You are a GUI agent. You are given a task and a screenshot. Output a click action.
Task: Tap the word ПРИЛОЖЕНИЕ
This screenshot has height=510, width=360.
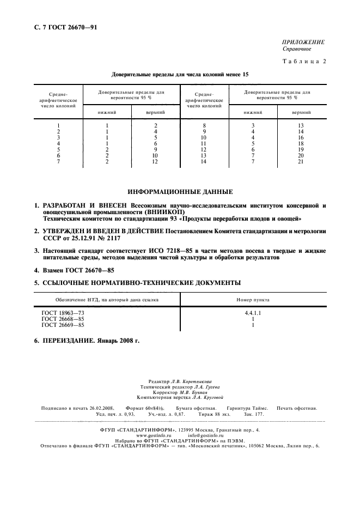[303, 42]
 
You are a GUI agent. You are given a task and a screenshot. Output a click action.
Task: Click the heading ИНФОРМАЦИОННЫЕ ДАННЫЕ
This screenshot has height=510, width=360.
[180, 192]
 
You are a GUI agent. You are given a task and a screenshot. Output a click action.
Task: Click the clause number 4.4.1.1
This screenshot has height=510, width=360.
[253, 313]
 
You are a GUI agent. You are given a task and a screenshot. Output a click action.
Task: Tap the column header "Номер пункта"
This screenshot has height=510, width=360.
[253, 300]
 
